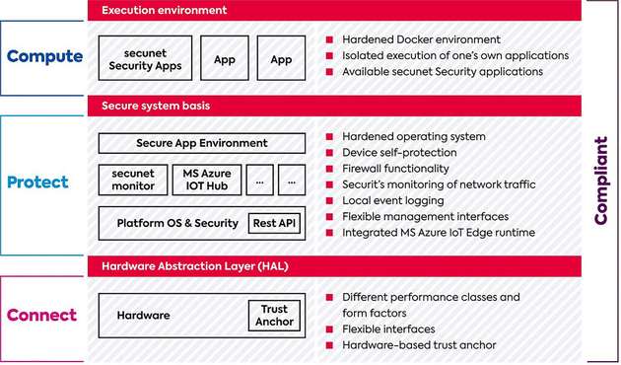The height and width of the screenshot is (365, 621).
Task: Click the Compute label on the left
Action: pyautogui.click(x=44, y=56)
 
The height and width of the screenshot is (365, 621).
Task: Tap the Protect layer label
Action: pyautogui.click(x=38, y=182)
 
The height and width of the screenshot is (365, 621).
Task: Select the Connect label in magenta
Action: pyautogui.click(x=41, y=316)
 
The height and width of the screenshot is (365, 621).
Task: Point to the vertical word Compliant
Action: pyautogui.click(x=600, y=181)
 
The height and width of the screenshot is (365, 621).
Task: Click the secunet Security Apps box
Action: pyautogui.click(x=145, y=58)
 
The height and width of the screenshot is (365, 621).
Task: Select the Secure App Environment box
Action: pyautogui.click(x=202, y=143)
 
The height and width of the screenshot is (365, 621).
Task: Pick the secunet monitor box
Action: pyautogui.click(x=133, y=180)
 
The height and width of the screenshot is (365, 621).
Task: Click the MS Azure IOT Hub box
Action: pyautogui.click(x=206, y=180)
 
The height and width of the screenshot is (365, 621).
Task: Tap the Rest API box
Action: pyautogui.click(x=275, y=223)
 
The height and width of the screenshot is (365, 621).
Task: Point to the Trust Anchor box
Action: pyautogui.click(x=275, y=316)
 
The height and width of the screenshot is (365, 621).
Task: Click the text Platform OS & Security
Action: pyautogui.click(x=177, y=223)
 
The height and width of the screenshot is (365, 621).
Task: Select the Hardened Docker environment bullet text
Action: pyautogui.click(x=421, y=40)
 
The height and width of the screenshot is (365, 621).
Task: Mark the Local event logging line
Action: pyautogui.click(x=392, y=200)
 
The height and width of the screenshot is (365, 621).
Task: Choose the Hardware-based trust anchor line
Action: pyautogui.click(x=419, y=345)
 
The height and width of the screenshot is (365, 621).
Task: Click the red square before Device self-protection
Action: pyautogui.click(x=331, y=153)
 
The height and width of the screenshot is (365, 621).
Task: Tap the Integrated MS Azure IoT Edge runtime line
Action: pyautogui.click(x=438, y=233)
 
